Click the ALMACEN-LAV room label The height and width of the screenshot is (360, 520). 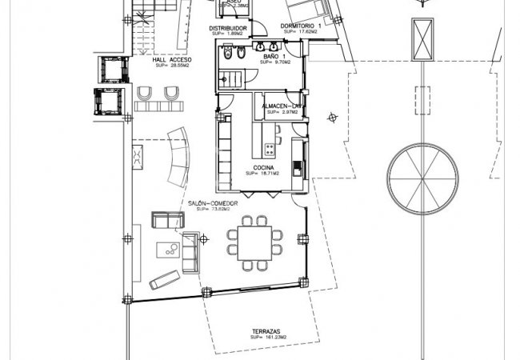[282, 106]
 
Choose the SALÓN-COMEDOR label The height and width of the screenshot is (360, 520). [213, 203]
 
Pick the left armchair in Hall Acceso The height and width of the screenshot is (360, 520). [145, 95]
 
